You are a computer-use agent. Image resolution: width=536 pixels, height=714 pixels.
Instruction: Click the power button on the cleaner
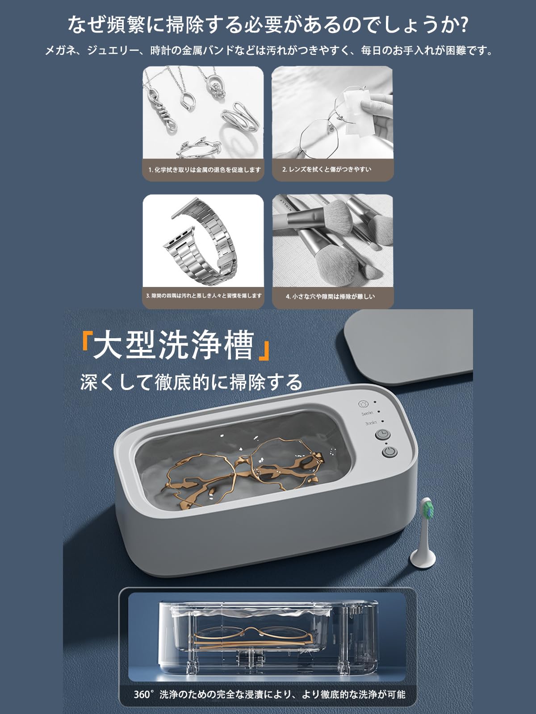tap(389, 452)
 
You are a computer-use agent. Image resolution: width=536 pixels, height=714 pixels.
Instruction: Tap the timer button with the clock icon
tap(382, 434)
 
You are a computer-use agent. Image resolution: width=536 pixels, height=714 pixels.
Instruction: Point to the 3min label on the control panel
tap(370, 422)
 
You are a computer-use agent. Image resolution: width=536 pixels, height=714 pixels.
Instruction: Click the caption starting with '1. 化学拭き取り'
tap(204, 170)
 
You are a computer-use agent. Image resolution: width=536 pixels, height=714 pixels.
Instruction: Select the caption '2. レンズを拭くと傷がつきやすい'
tap(327, 170)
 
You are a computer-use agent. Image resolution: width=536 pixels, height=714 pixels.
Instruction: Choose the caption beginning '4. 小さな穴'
tap(330, 296)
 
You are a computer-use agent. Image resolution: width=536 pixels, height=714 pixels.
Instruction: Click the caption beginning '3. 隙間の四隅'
tap(204, 296)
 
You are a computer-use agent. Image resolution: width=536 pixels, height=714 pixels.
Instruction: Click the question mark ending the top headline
tap(463, 24)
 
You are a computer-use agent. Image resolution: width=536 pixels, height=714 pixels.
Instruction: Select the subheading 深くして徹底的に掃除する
tap(191, 382)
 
